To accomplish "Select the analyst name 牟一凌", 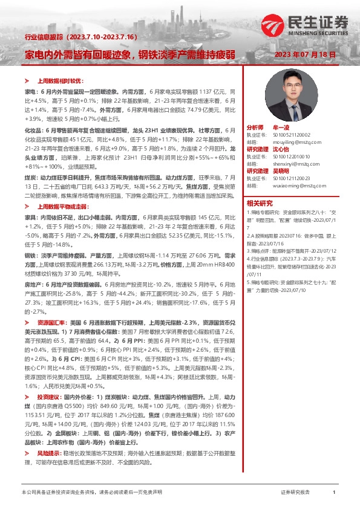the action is point(282,128).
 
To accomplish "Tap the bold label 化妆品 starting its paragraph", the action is point(33,130).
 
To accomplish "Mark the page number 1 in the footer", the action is point(334,493).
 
